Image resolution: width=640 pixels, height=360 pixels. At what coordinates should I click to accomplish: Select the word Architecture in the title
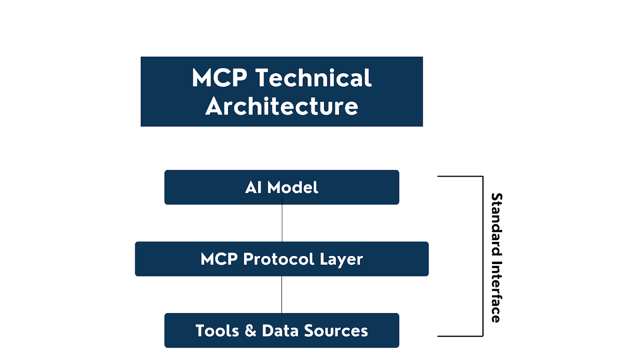[x=282, y=106]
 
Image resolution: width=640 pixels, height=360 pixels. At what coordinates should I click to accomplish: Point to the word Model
[x=293, y=187]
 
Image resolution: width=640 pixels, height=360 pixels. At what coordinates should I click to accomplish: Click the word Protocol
[x=278, y=259]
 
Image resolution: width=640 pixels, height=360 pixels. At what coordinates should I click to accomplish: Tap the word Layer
[x=341, y=259]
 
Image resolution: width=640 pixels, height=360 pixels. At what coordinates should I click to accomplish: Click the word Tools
[x=217, y=331]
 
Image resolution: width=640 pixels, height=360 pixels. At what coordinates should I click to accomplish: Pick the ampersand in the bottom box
[x=250, y=331]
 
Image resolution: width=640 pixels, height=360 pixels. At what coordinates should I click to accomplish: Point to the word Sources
[x=336, y=331]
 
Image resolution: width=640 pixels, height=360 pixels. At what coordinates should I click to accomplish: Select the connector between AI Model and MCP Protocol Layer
[x=282, y=223]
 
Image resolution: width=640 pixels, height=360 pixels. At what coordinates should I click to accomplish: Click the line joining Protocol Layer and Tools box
[x=282, y=295]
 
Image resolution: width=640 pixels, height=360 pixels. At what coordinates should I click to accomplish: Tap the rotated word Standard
[x=496, y=224]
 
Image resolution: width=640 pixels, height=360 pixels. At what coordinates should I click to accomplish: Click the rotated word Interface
[x=496, y=292]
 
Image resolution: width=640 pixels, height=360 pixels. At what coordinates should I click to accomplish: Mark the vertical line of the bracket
[x=483, y=256]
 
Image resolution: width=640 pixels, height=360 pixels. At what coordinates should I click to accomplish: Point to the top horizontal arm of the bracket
[x=460, y=176]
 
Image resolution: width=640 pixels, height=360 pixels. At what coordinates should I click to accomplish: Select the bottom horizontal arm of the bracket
[x=460, y=336]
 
